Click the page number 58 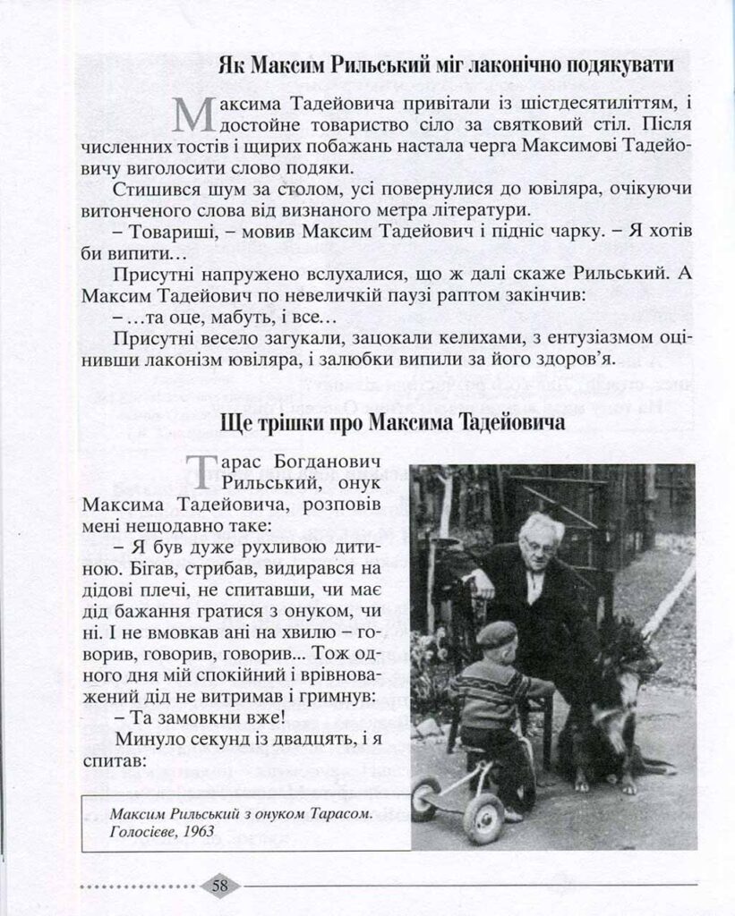[x=220, y=886]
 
